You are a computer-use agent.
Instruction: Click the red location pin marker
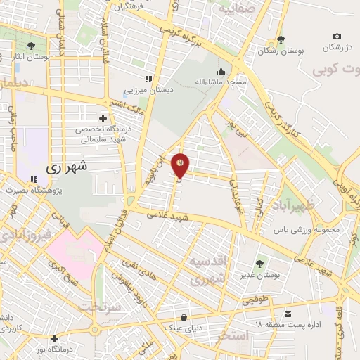tap(181, 165)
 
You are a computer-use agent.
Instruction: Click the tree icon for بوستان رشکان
tap(281, 40)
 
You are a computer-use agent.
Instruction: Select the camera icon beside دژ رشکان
tap(337, 37)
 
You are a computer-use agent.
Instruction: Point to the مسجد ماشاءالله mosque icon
tap(221, 72)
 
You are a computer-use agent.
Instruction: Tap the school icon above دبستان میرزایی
tap(148, 79)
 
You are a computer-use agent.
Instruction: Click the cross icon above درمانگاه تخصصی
tap(103, 118)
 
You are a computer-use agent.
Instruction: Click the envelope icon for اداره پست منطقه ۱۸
tap(288, 314)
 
